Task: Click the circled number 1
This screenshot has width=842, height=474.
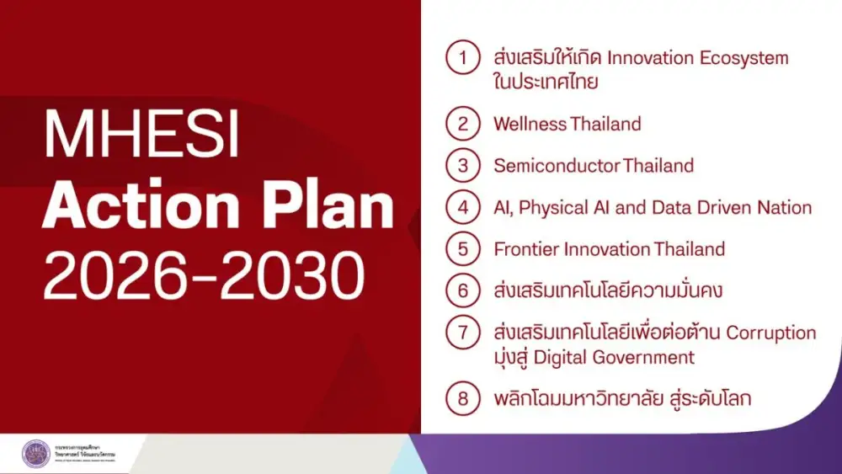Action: click(462, 58)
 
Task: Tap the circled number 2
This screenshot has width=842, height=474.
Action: click(462, 124)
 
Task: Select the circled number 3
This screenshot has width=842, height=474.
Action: click(462, 165)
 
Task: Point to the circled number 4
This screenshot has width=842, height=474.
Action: click(462, 207)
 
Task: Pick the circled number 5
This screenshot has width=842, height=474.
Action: click(462, 249)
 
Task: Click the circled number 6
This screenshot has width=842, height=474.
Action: click(462, 291)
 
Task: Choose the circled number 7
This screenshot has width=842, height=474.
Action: click(462, 333)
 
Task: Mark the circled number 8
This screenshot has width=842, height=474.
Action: click(462, 398)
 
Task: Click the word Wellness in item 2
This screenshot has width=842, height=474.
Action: click(530, 124)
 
